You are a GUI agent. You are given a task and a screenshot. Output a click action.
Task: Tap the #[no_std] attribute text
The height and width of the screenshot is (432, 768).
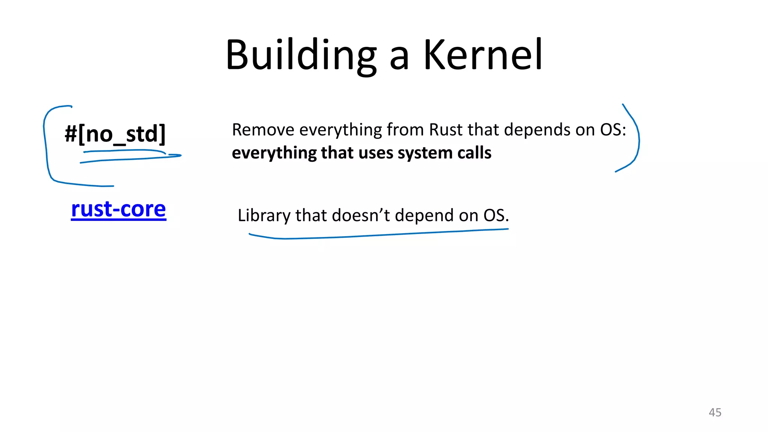click(x=115, y=134)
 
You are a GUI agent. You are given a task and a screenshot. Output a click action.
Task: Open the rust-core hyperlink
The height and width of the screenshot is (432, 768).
click(x=118, y=209)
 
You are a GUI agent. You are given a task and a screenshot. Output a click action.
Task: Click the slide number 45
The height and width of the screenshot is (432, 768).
click(x=715, y=412)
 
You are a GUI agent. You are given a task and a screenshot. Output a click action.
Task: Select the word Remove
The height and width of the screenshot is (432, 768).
click(x=263, y=130)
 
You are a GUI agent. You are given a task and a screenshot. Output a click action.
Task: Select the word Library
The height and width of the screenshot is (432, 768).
click(x=264, y=216)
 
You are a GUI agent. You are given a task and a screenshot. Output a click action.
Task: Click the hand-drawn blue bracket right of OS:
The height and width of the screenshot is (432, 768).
click(x=638, y=139)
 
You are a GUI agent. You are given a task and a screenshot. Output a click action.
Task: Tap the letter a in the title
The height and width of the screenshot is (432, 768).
click(x=399, y=58)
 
